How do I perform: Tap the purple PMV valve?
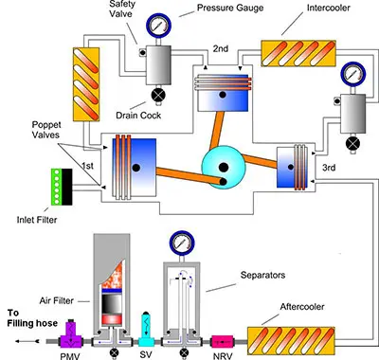point(71,334)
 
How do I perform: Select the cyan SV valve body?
point(146,331)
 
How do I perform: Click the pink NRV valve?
point(222,342)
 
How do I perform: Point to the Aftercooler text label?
point(302,307)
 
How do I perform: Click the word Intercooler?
point(329,8)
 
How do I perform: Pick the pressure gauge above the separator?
point(182,243)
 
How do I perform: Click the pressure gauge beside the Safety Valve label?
point(158,25)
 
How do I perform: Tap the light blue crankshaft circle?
point(224,168)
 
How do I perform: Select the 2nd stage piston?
point(223,93)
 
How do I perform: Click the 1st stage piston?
point(135,168)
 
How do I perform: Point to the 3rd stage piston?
point(293,167)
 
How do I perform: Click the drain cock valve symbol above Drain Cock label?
point(157,95)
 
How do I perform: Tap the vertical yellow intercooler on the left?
point(86,84)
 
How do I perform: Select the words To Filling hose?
point(32,318)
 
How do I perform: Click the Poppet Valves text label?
point(46,130)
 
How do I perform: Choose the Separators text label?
point(262,275)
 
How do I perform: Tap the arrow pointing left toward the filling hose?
point(27,341)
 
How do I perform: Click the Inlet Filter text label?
point(37,220)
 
